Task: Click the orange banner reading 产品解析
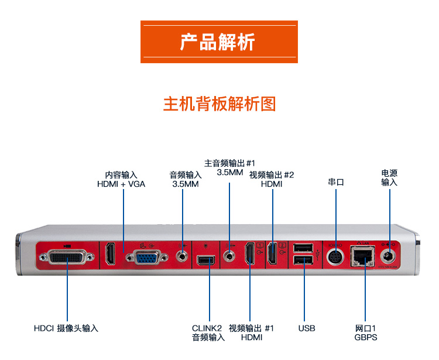point(219,42)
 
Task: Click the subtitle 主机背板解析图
point(219,104)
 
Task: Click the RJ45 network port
point(362,256)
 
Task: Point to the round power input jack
point(389,255)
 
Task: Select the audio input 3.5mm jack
point(184,255)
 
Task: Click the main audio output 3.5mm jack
point(229,255)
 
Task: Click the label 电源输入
point(389,177)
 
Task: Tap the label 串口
point(336,182)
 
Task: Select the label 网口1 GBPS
point(365,332)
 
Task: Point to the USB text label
point(306,328)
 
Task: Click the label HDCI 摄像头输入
point(66,328)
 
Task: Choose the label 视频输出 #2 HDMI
point(272,179)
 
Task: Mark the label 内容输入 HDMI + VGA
point(121,179)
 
